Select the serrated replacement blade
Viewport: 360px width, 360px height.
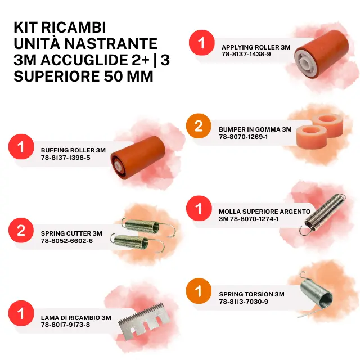pos(144,320)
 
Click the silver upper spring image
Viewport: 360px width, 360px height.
pos(322,214)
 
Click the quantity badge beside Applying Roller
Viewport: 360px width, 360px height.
pos(201,43)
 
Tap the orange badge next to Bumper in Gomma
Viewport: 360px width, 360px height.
pos(199,125)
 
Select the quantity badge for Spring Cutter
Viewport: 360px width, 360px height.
pos(21,230)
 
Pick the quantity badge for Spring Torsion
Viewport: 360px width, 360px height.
pos(199,291)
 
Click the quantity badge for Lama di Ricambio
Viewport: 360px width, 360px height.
pos(21,313)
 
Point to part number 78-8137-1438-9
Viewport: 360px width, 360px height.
pos(246,54)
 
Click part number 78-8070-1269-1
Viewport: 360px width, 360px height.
pos(243,137)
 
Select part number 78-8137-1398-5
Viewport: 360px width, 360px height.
pos(66,157)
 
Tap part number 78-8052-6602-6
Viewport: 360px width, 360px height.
pos(67,241)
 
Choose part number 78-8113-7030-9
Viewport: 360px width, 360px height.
pos(244,301)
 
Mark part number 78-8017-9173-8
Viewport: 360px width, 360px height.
pos(65,325)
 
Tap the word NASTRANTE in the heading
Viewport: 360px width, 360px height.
pos(111,44)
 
